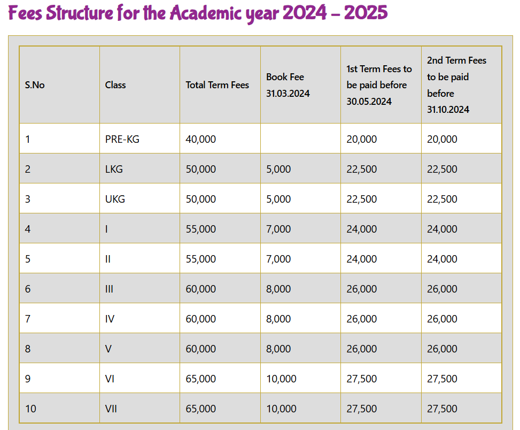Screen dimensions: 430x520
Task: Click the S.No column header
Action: point(35,85)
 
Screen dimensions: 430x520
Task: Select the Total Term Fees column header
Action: point(218,85)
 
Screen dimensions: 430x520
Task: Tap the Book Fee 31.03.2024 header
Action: point(288,85)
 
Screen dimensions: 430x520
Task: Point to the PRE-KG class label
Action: point(122,139)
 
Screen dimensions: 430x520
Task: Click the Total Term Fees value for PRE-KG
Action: point(201,139)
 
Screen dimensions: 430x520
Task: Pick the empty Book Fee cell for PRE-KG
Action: point(300,139)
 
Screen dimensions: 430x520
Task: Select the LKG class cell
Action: point(114,169)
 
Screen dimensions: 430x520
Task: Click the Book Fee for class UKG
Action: point(278,199)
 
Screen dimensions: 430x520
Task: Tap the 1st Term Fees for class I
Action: point(362,229)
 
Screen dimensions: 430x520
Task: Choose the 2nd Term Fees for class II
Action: point(442,259)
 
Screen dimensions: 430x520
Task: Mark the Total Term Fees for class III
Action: point(201,289)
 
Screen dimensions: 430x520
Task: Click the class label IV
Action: point(110,319)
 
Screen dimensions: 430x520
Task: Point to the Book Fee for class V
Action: point(278,349)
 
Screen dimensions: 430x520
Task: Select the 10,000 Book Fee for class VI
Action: point(281,379)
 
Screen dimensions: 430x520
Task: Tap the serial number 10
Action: point(30,409)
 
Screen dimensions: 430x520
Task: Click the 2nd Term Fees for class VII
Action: point(442,409)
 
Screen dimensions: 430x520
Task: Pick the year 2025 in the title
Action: point(366,13)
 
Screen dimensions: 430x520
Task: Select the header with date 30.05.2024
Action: point(379,85)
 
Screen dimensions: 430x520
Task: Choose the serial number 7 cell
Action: point(28,319)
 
